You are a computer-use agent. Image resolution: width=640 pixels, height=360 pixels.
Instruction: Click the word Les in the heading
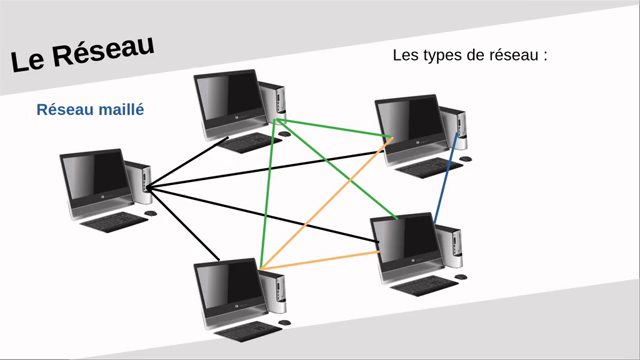click(407, 55)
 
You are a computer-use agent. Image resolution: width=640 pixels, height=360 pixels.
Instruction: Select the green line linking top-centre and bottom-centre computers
click(267, 190)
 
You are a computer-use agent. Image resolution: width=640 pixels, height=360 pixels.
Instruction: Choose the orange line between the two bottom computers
click(320, 258)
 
